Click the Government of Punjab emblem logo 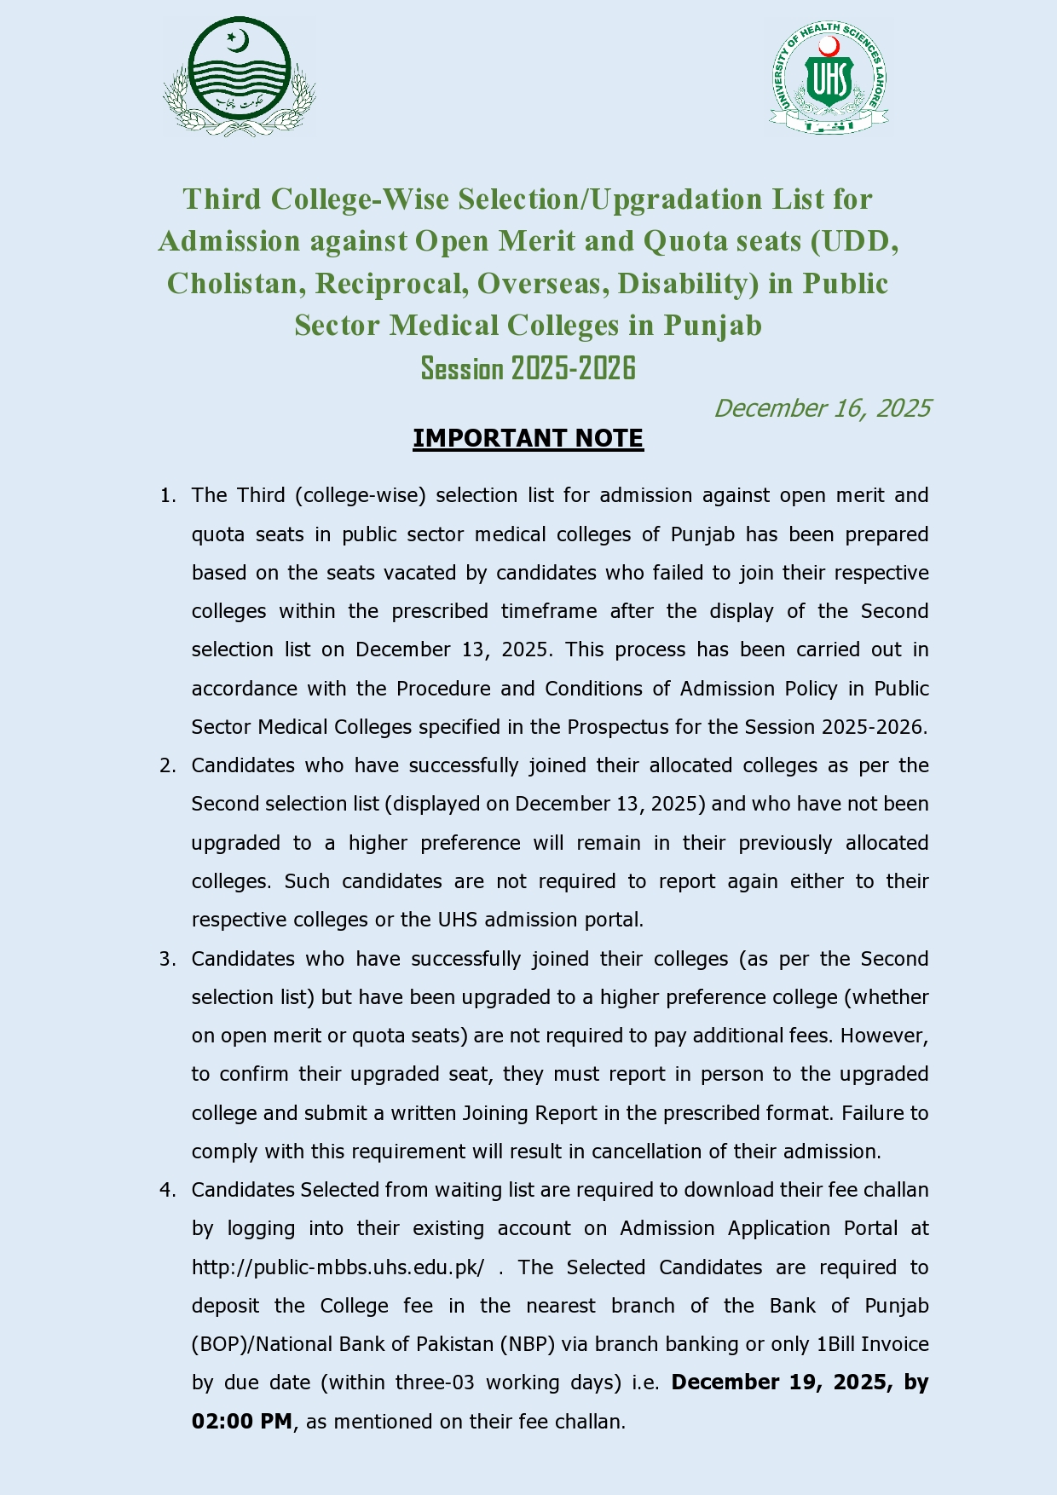coord(240,76)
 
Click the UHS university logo coord(829,76)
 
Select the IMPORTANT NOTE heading coord(528,438)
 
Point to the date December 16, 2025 coord(822,408)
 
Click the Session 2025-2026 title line coord(528,368)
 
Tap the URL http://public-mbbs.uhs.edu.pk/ coord(338,1267)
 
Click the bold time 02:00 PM coord(242,1422)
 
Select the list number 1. coord(167,496)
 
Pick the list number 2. coord(167,765)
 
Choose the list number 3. coord(167,959)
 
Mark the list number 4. coord(167,1190)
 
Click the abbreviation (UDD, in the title coord(854,242)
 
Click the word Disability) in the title coord(688,284)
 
